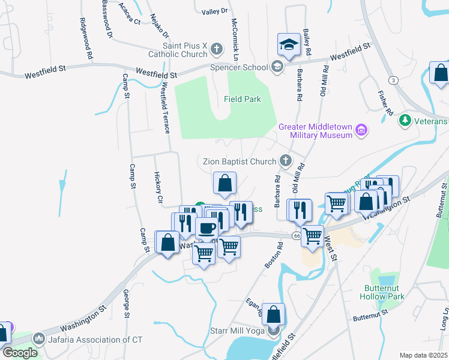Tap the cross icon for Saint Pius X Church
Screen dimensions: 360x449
point(216,47)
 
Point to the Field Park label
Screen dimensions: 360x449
point(243,99)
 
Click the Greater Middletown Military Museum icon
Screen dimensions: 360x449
point(361,130)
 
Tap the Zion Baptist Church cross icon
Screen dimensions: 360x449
point(286,161)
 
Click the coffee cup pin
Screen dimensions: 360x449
point(207,229)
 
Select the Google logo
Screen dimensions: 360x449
point(19,353)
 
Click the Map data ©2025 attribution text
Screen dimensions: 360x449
point(423,355)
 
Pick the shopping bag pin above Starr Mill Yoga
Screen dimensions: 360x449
point(273,315)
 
